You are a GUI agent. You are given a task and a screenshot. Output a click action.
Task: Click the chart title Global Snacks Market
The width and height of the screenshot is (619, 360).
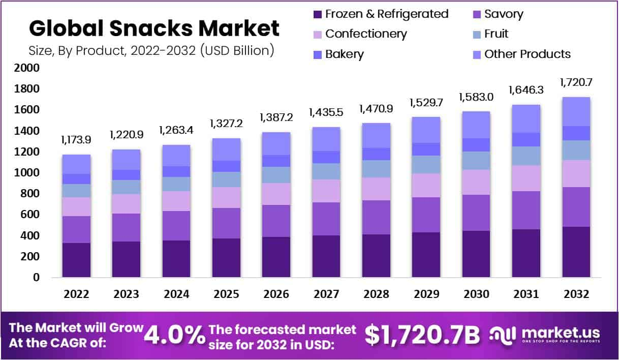(153, 28)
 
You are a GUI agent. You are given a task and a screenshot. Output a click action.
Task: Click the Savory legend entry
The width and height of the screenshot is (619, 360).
(504, 14)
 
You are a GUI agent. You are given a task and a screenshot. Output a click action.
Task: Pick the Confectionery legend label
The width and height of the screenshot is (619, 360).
(366, 34)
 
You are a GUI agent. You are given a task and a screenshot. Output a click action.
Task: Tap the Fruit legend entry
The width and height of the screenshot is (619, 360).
(496, 34)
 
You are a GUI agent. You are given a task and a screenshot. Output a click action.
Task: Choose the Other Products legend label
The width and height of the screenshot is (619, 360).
(527, 54)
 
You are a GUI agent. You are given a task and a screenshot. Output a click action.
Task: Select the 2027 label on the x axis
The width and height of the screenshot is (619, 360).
(326, 294)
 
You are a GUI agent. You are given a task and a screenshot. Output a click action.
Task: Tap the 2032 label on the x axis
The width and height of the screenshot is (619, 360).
(576, 294)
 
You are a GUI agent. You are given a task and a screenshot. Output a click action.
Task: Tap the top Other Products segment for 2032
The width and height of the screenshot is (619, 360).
(576, 111)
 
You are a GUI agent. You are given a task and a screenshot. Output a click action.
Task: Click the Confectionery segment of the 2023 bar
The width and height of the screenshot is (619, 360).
(127, 203)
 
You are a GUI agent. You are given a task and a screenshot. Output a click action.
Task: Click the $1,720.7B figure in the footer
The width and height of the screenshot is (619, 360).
(422, 335)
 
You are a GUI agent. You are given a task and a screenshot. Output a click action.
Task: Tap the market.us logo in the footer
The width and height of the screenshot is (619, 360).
(545, 334)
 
